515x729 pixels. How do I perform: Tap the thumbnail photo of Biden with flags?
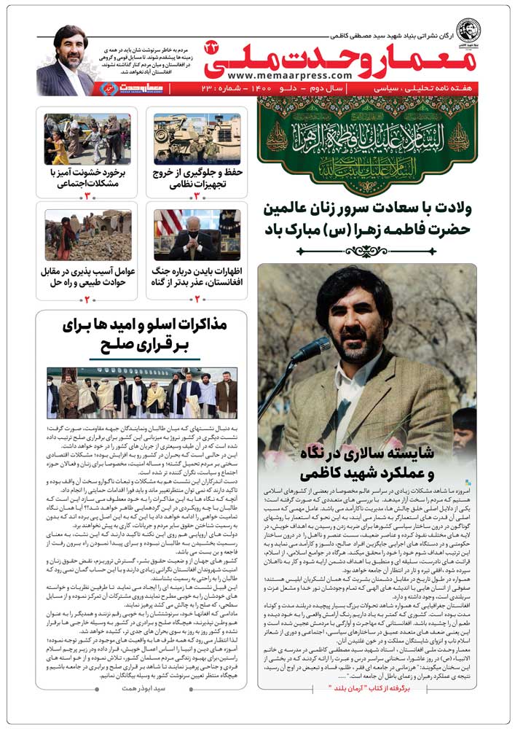197,235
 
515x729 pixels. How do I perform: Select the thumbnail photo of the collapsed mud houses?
87,235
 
